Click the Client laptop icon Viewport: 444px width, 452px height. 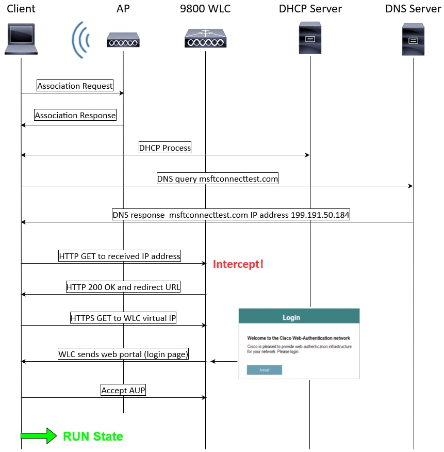21,39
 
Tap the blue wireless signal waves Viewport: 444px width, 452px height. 80,39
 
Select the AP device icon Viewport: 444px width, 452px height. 123,39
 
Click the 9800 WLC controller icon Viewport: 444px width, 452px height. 205,39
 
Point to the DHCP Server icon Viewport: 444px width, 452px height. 310,38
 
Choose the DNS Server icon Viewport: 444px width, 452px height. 413,39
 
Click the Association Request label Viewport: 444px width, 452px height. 75,86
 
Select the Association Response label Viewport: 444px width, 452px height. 75,116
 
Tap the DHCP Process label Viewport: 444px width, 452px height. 165,148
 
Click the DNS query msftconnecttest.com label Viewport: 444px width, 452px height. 218,179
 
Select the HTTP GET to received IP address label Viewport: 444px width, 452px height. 120,256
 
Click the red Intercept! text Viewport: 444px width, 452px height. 238,264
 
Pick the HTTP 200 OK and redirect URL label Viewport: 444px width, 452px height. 123,287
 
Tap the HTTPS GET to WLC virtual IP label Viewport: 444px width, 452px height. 123,318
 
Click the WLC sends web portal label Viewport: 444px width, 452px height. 123,354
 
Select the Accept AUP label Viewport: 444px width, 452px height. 123,390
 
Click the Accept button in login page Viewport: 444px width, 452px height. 264,370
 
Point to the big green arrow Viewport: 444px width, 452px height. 38,436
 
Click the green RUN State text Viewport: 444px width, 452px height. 93,437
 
